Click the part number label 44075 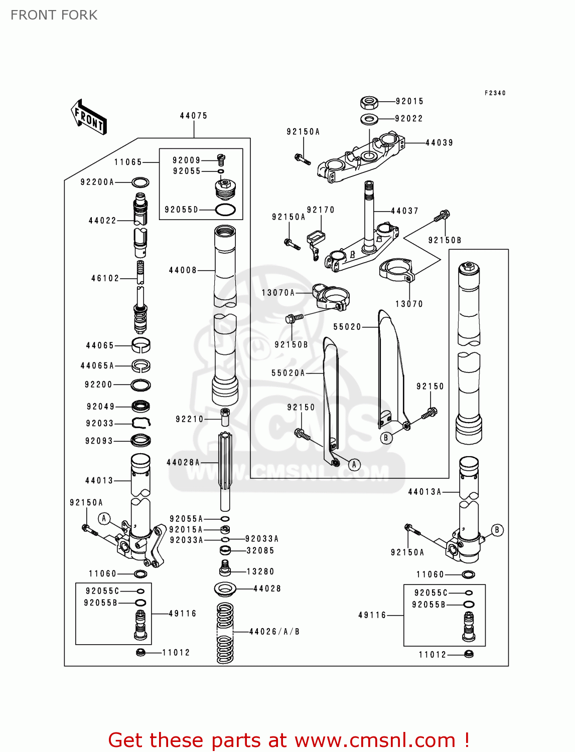tap(193, 116)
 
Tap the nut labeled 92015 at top tap(369, 103)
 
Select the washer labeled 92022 tap(369, 119)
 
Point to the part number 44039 tap(439, 143)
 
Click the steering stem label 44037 tap(404, 211)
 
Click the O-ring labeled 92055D tap(225, 210)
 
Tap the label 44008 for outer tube tap(183, 270)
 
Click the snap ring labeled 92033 tap(141, 423)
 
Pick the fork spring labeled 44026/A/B tap(225, 633)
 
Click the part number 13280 tap(260, 572)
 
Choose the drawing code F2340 tap(495, 93)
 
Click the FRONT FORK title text tap(54, 15)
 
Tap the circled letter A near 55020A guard tap(354, 465)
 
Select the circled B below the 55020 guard tap(385, 438)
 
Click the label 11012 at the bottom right tap(432, 655)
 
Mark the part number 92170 tap(320, 210)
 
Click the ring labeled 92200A tap(140, 182)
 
